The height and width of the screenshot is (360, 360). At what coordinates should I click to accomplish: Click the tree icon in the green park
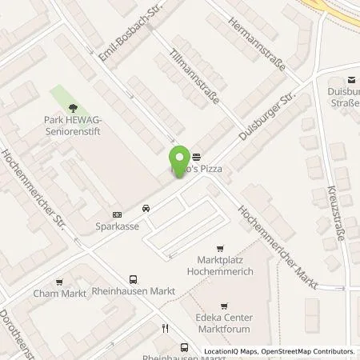tap(74, 106)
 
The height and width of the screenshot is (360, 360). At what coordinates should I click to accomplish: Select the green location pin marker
tap(180, 160)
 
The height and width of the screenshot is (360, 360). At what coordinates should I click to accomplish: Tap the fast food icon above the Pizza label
tap(197, 157)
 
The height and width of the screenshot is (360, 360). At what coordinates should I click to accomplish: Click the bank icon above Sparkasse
tap(118, 214)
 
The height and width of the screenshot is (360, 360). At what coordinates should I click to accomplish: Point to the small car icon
tap(146, 209)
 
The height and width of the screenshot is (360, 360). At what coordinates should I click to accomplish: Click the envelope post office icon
tap(350, 78)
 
